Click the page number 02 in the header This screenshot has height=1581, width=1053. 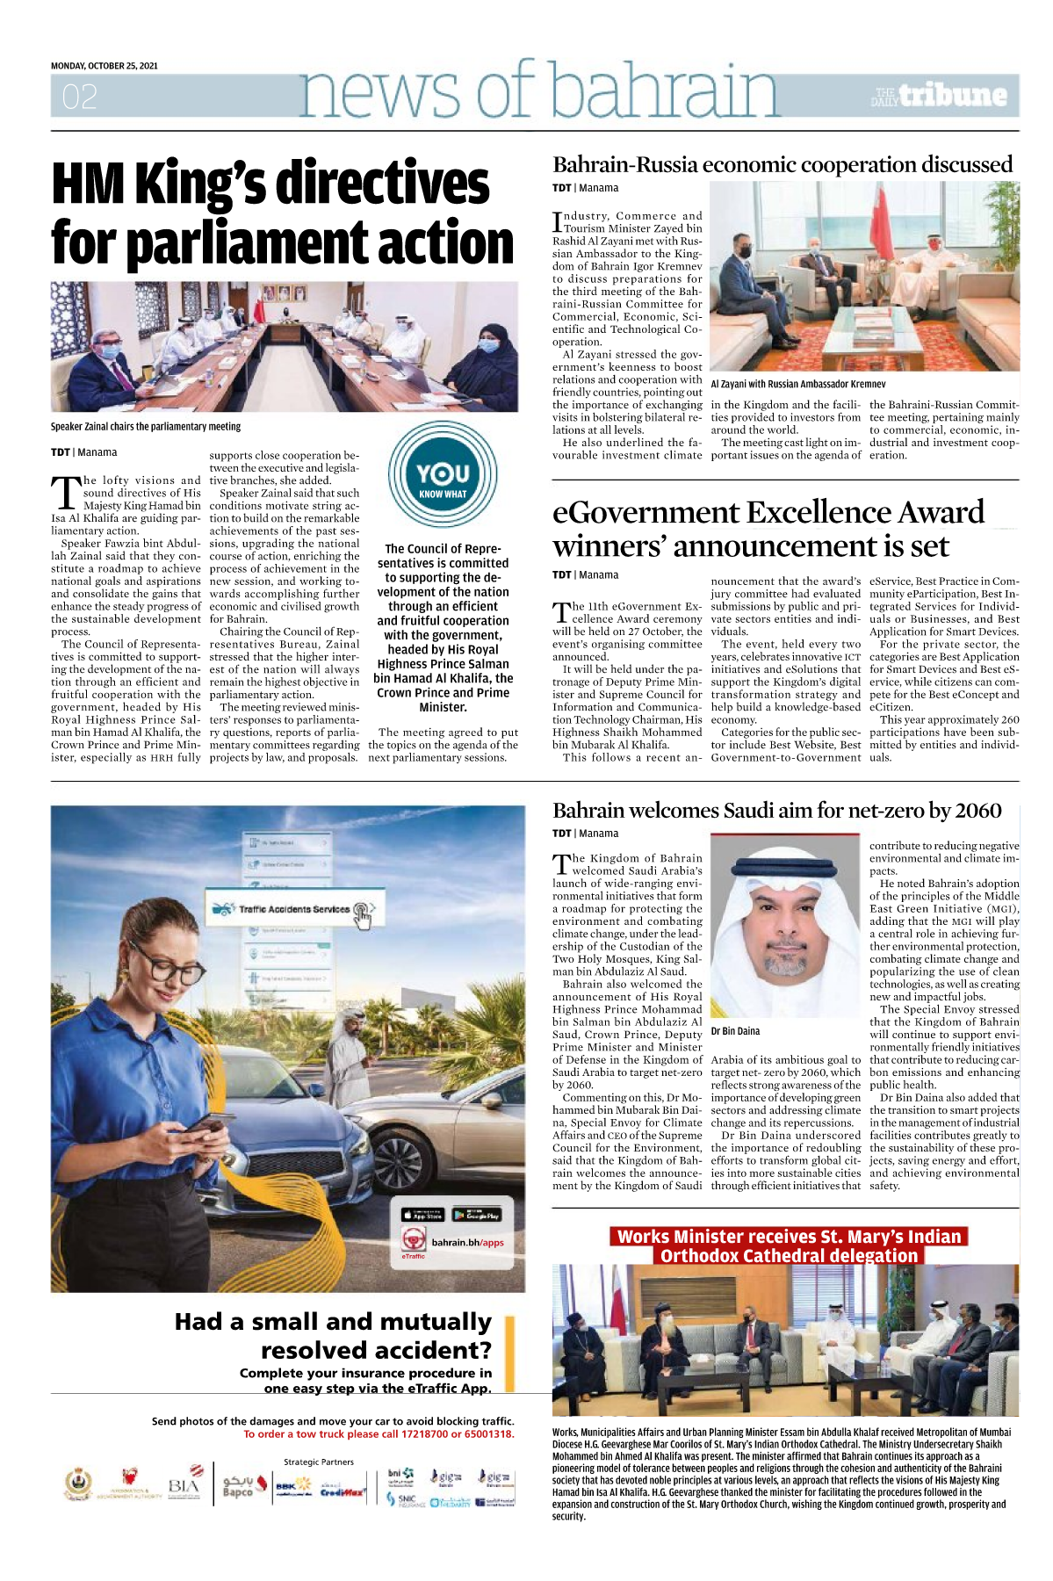click(79, 97)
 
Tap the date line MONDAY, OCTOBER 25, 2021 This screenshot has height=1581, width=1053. click(104, 66)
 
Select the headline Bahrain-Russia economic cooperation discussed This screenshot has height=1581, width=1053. click(782, 165)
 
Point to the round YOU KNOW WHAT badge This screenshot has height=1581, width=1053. click(443, 474)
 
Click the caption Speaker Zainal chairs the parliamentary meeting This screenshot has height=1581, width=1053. click(145, 427)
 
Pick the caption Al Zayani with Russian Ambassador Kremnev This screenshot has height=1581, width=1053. click(797, 384)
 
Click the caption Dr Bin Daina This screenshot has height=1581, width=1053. click(735, 1031)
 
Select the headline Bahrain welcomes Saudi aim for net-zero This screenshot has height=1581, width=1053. click(776, 811)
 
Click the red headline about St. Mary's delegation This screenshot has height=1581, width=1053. click(789, 1246)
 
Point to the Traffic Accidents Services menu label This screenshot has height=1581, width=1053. click(294, 909)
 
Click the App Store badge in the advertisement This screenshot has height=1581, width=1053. click(422, 1215)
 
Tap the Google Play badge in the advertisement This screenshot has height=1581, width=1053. click(477, 1215)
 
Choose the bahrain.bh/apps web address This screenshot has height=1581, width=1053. click(467, 1243)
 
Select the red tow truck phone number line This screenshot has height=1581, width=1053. click(379, 1434)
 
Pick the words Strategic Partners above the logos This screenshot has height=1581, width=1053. click(319, 1462)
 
